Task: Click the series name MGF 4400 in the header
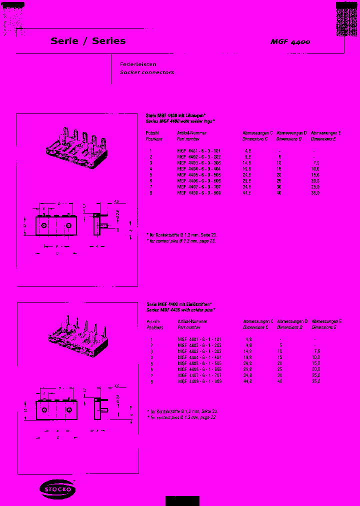point(290,42)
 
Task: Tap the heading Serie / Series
point(88,41)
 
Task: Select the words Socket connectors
point(146,72)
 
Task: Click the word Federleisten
point(138,64)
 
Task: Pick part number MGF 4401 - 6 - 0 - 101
point(199,150)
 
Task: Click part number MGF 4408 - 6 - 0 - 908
point(199,192)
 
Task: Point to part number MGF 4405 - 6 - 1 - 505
point(199,363)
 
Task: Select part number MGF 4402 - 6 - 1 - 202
point(199,345)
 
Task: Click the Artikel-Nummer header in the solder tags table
point(191,133)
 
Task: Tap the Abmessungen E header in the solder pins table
point(326,321)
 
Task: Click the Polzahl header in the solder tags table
point(152,133)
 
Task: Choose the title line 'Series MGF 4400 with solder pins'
point(180,310)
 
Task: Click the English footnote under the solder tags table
point(181,241)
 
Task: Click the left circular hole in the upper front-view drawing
point(44,226)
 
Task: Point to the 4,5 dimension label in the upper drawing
point(116,202)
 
